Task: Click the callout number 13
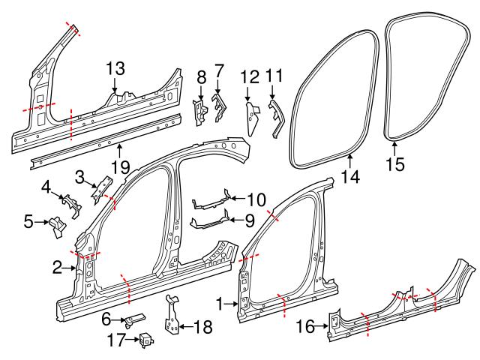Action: pyautogui.click(x=115, y=69)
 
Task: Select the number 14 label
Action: pyautogui.click(x=350, y=177)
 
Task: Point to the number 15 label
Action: pyautogui.click(x=394, y=163)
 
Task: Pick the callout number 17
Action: pyautogui.click(x=114, y=340)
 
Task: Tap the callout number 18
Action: pyautogui.click(x=202, y=327)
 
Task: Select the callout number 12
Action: pyautogui.click(x=249, y=76)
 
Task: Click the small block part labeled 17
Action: pyautogui.click(x=146, y=339)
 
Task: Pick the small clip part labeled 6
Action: pyautogui.click(x=136, y=320)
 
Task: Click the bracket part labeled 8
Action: pyautogui.click(x=201, y=112)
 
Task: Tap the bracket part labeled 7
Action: pyautogui.click(x=220, y=106)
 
